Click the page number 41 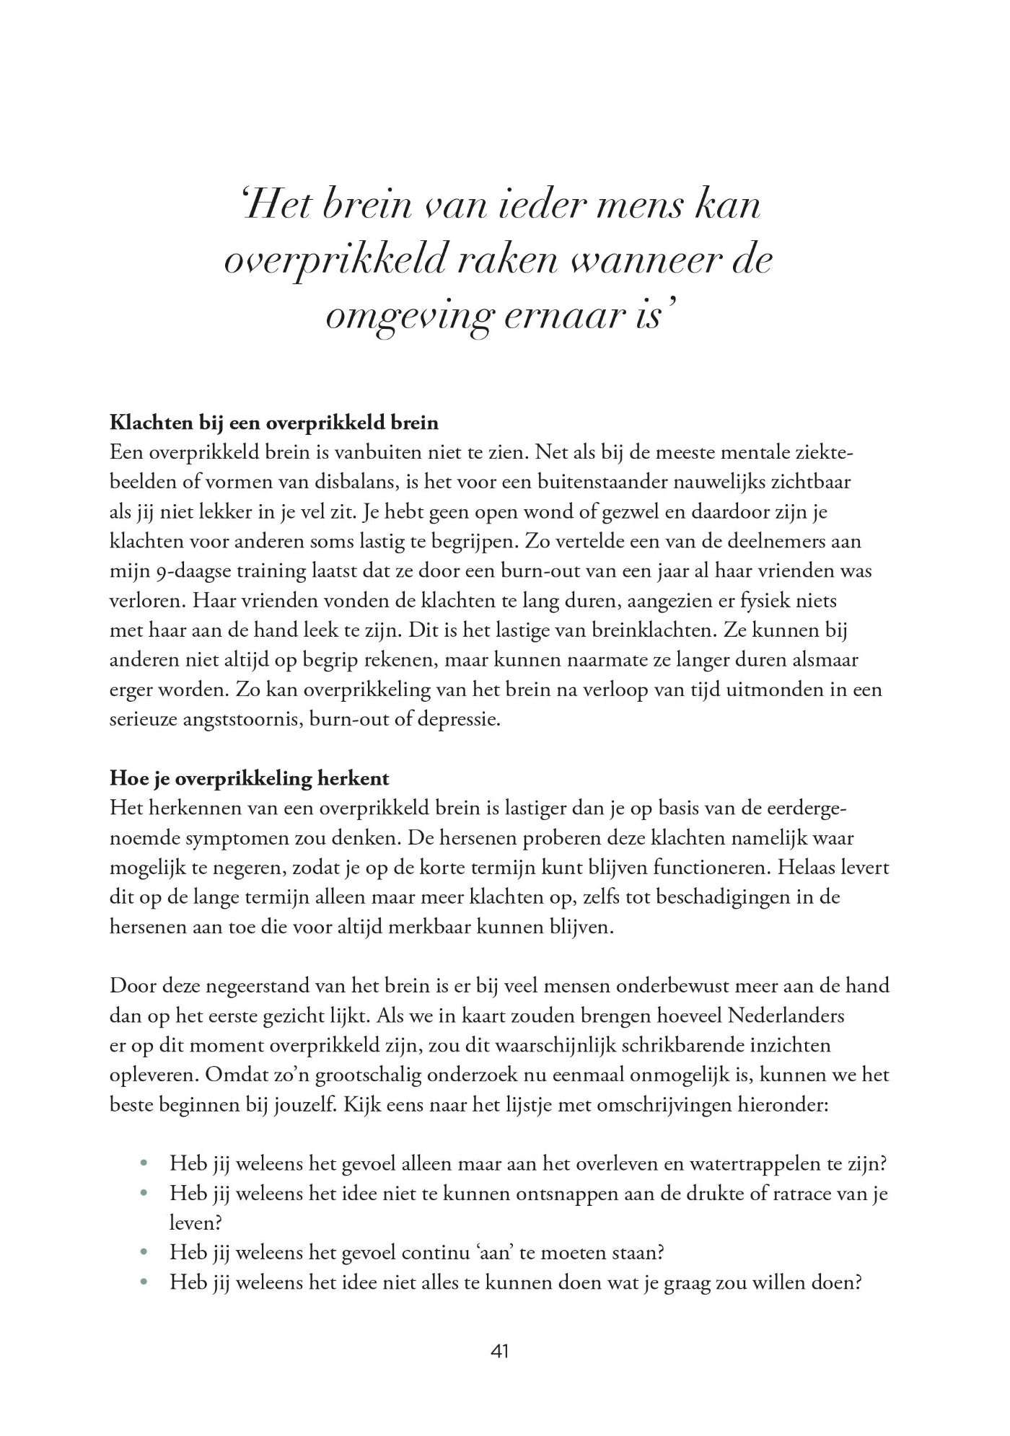click(499, 1352)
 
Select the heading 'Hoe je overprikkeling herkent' click(249, 778)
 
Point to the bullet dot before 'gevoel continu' click(145, 1253)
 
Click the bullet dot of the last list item click(145, 1282)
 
